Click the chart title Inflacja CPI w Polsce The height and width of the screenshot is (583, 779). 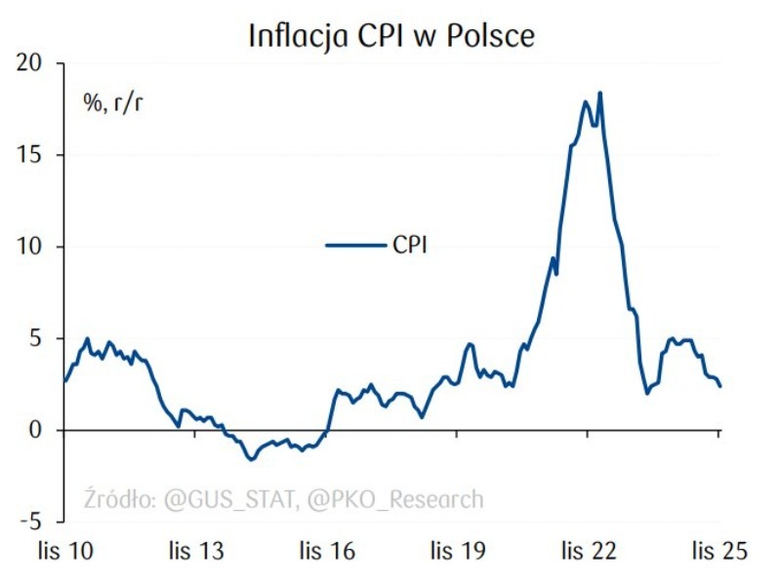click(x=391, y=35)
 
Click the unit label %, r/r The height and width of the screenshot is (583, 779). click(x=111, y=101)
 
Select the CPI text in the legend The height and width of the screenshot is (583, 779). click(x=410, y=246)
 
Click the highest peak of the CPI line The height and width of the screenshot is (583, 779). click(x=599, y=93)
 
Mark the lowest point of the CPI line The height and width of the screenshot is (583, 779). click(x=251, y=459)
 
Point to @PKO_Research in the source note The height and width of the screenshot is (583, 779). click(x=394, y=500)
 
